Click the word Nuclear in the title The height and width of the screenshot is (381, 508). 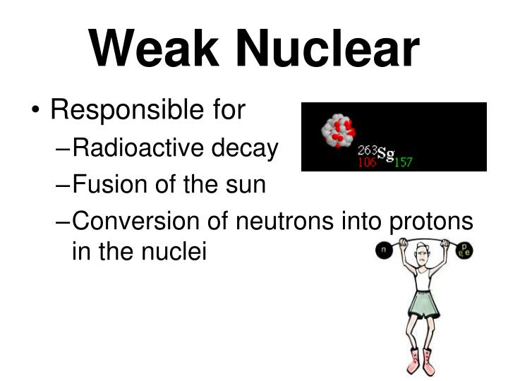327,49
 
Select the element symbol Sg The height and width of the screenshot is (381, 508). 386,153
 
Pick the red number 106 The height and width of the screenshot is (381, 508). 366,162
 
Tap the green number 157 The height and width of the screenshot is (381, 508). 403,162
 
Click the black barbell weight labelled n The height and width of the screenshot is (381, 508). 384,250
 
